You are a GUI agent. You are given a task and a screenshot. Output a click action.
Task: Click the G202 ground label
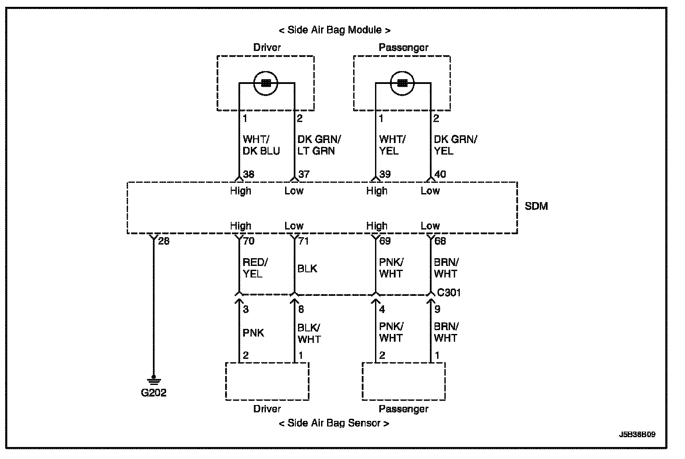pos(153,392)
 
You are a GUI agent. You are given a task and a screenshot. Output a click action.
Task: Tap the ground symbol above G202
pos(154,380)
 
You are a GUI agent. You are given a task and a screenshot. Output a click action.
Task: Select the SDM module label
pos(536,206)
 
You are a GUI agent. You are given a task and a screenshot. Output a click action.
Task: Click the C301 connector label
pos(449,292)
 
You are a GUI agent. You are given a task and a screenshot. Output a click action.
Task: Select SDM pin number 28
pos(164,241)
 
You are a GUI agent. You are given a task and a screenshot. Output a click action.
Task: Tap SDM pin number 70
pos(249,241)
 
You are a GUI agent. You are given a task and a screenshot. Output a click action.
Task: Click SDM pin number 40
pos(440,174)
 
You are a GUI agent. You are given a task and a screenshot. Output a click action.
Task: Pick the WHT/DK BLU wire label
pos(261,145)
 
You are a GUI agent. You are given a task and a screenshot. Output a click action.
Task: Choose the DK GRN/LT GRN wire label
pos(319,145)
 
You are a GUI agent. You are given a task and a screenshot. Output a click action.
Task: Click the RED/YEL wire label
pos(255,268)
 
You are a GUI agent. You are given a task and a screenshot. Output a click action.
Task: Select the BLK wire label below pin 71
pos(307,268)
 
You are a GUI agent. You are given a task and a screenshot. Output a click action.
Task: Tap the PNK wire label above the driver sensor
pos(253,333)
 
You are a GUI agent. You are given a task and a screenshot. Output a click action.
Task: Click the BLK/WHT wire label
pos(309,333)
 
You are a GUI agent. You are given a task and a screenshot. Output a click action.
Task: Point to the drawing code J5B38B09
pos(637,434)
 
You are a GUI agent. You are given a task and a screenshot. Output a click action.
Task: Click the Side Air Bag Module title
pos(334,30)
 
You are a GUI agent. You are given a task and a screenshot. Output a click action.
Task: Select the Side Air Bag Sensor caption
pos(334,423)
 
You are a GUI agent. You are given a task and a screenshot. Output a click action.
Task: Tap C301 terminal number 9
pos(437,309)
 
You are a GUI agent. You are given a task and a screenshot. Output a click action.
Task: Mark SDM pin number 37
pos(304,174)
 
